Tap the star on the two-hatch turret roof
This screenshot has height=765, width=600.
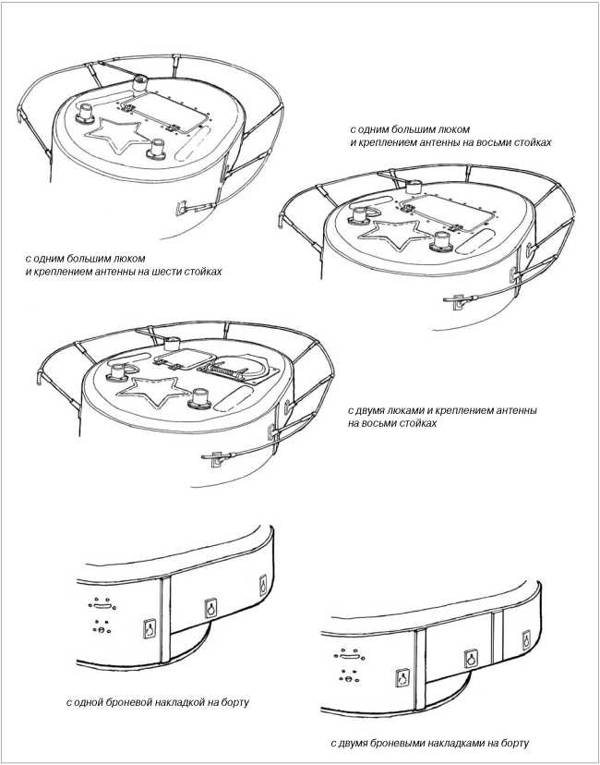(153, 389)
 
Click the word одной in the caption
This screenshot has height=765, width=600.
(89, 703)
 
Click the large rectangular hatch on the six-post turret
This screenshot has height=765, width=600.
(168, 114)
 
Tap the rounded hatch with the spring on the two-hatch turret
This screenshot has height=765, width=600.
(239, 369)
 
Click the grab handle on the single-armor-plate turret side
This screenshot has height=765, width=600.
(102, 606)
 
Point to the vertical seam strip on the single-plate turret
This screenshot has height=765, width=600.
(165, 620)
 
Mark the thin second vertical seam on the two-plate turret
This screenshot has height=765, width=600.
(498, 637)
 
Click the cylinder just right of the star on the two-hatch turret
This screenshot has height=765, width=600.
(199, 398)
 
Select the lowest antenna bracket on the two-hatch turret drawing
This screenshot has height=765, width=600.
(215, 458)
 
